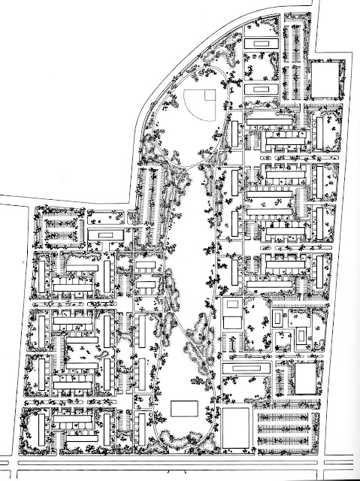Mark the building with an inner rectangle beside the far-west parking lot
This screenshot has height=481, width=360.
105,235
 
